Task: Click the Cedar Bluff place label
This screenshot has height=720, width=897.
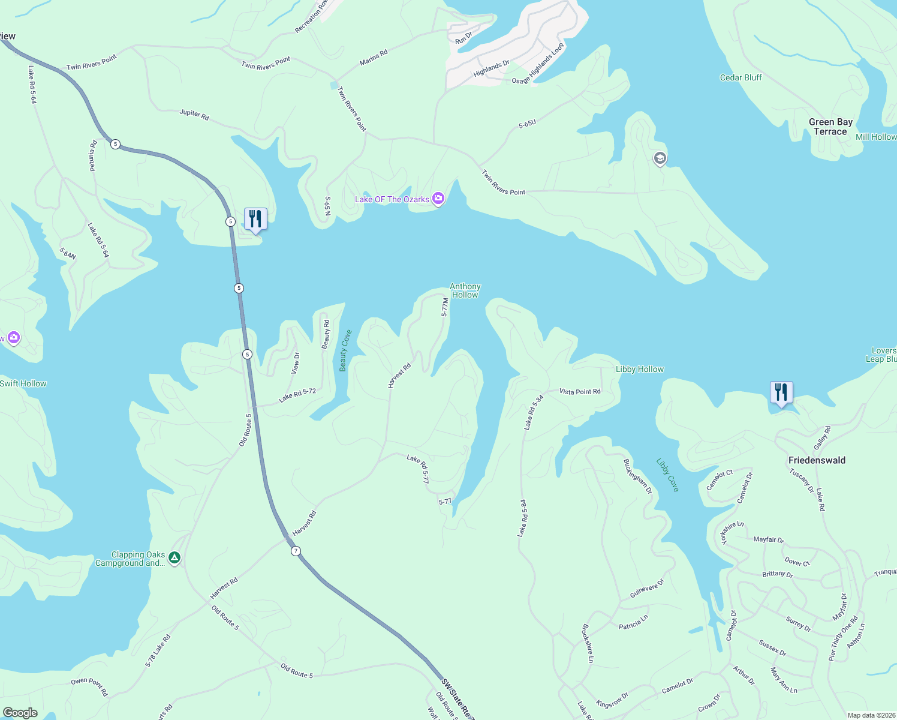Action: pyautogui.click(x=741, y=77)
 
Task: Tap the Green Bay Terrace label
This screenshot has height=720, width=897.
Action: pyautogui.click(x=830, y=127)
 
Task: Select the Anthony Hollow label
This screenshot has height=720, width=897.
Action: pyautogui.click(x=465, y=290)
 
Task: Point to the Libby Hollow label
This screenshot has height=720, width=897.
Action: pyautogui.click(x=640, y=369)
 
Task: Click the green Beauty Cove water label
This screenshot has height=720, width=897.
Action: pyautogui.click(x=345, y=350)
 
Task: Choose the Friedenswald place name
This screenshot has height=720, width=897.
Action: pyautogui.click(x=817, y=460)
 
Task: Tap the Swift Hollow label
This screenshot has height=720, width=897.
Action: pyautogui.click(x=23, y=383)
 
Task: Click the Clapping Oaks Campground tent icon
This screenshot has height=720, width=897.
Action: pyautogui.click(x=174, y=558)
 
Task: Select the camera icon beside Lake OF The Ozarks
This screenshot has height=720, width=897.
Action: pyautogui.click(x=438, y=199)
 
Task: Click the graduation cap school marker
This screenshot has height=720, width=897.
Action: pyautogui.click(x=660, y=158)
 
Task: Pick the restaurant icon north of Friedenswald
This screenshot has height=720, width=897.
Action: pyautogui.click(x=781, y=392)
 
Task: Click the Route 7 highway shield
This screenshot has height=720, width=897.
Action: pyautogui.click(x=296, y=551)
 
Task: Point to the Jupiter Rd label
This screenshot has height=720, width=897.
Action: pyautogui.click(x=194, y=115)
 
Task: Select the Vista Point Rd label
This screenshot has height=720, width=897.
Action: pyautogui.click(x=580, y=392)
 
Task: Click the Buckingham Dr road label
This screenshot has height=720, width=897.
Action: pyautogui.click(x=637, y=476)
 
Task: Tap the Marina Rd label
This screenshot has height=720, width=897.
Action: pyautogui.click(x=374, y=58)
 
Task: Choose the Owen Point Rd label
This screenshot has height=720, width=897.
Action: pyautogui.click(x=89, y=686)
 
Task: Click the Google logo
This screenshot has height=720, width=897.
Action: pyautogui.click(x=20, y=712)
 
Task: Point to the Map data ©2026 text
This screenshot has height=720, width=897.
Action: pyautogui.click(x=871, y=715)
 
